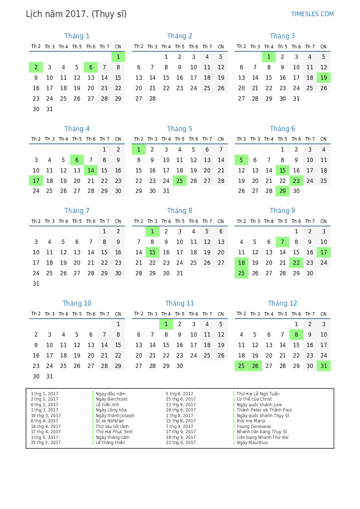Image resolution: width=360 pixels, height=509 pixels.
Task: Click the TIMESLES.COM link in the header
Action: (312, 14)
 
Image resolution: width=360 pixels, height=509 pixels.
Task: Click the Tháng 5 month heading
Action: (179, 129)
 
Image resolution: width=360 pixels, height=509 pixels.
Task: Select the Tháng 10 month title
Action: (77, 303)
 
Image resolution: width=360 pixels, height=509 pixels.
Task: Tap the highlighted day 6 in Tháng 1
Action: (91, 67)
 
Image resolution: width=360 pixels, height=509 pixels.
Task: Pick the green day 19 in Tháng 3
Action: (323, 78)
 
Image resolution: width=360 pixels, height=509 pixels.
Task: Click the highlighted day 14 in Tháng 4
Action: (91, 170)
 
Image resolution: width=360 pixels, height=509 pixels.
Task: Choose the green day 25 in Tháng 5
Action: (180, 181)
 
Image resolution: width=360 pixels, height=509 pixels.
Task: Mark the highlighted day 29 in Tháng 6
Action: (283, 191)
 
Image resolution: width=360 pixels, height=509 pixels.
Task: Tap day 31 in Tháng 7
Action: (36, 283)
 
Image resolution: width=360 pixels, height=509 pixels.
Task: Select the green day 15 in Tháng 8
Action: (152, 252)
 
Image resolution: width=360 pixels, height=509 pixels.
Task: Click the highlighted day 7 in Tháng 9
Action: (283, 242)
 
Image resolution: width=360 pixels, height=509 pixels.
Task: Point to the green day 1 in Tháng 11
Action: (166, 324)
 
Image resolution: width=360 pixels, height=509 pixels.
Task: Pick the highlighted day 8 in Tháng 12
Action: (296, 334)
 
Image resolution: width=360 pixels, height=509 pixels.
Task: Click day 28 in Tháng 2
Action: (152, 98)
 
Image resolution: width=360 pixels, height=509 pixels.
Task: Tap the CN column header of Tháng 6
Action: (323, 139)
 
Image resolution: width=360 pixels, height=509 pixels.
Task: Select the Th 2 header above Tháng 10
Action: (36, 314)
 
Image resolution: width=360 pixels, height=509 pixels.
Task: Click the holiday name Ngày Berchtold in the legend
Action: (111, 399)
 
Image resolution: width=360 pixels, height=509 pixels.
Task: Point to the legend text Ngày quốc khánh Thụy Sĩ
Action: (263, 415)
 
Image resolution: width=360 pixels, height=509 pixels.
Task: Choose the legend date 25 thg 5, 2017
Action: (46, 443)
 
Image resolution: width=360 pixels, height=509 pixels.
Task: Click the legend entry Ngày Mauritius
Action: (252, 443)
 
